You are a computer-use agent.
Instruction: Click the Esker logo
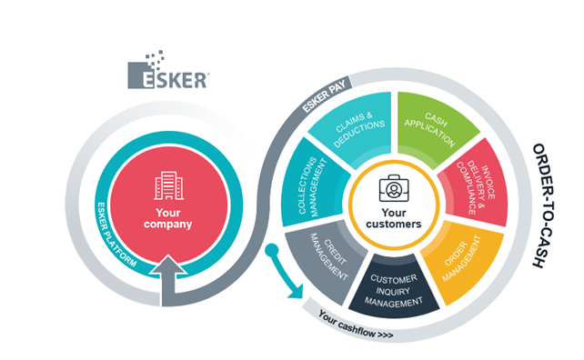point(168,70)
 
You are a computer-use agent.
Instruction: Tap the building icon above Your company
point(168,185)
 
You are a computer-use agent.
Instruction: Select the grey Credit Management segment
point(325,260)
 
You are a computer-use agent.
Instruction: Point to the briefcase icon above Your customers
point(394,188)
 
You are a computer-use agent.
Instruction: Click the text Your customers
point(394,218)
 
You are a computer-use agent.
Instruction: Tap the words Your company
point(168,218)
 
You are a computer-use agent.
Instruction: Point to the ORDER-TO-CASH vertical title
point(544,205)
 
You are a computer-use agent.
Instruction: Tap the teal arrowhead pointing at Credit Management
point(296,292)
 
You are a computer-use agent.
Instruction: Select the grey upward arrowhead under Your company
point(168,265)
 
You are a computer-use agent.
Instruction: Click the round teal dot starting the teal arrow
point(272,250)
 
